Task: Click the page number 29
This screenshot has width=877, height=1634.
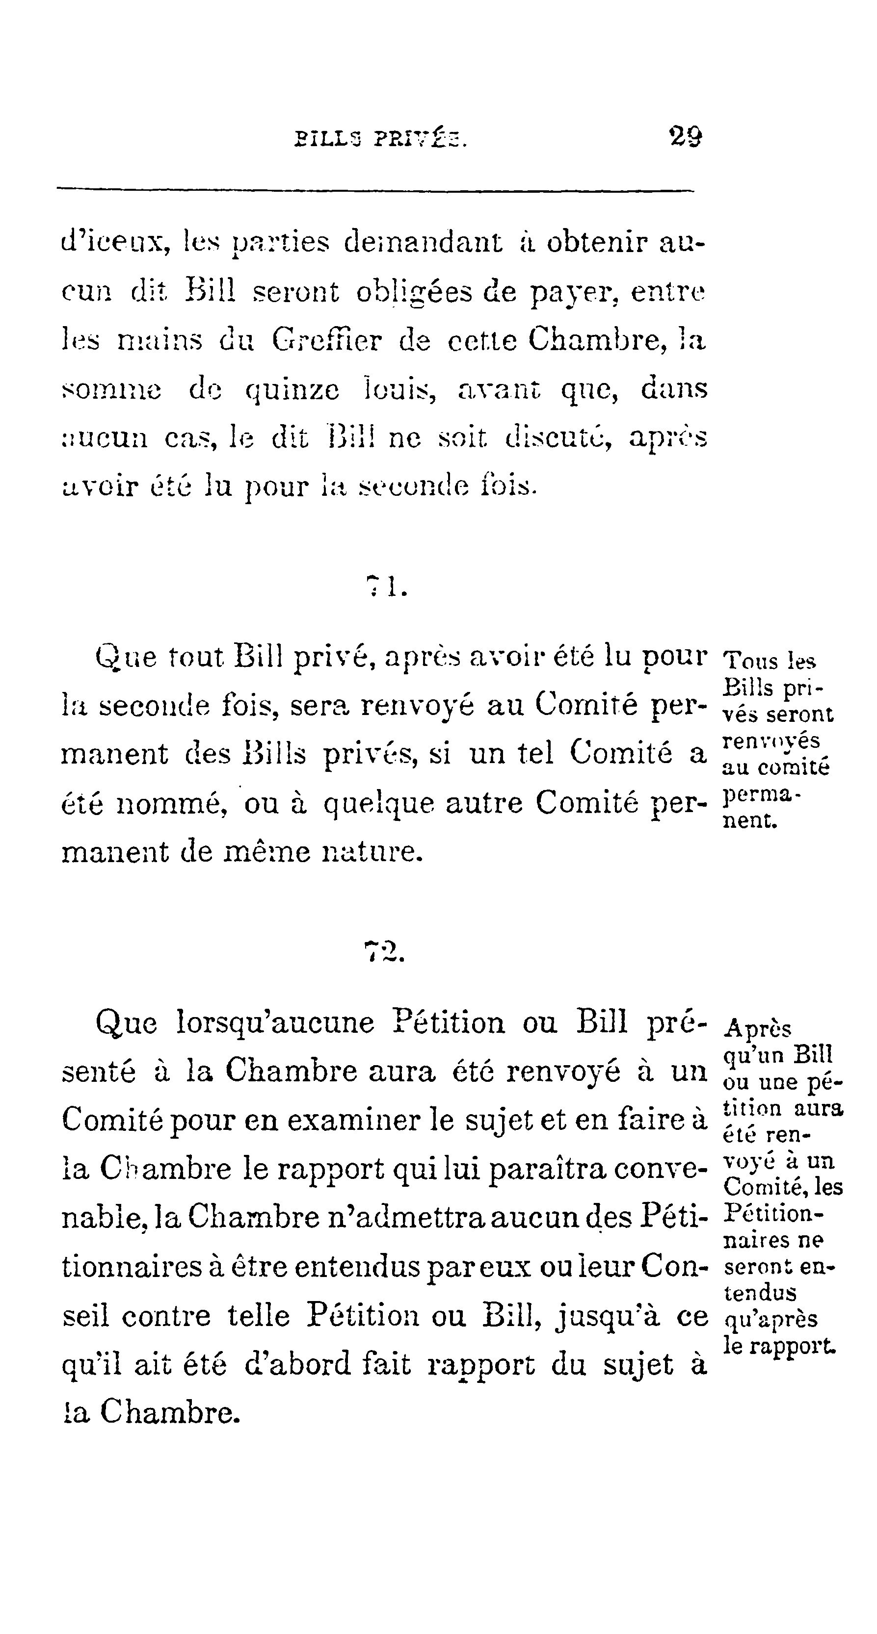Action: click(x=685, y=136)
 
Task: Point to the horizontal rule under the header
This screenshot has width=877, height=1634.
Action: click(x=375, y=189)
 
